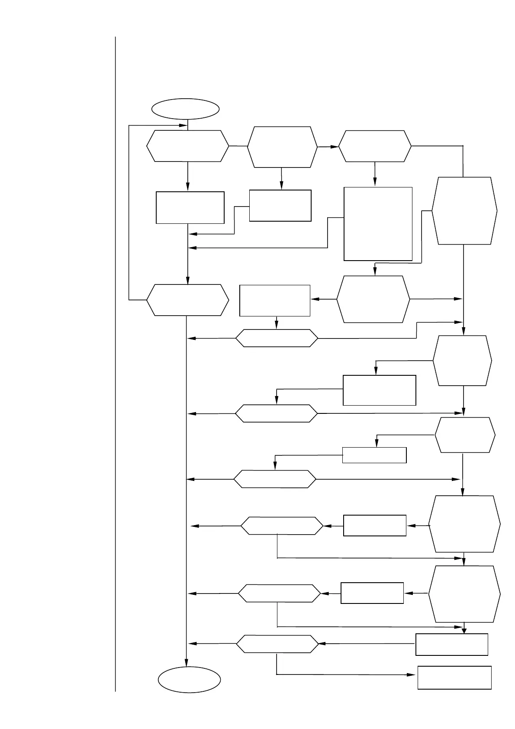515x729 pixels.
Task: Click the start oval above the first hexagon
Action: tap(185, 109)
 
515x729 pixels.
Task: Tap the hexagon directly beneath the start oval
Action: tap(187, 146)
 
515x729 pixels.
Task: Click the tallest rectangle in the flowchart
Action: tap(378, 224)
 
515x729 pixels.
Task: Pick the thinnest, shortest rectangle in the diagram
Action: tap(374, 455)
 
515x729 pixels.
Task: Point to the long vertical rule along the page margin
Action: tap(116, 364)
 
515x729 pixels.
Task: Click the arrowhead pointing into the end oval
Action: tap(187, 663)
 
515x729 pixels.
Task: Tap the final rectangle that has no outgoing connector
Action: tap(454, 677)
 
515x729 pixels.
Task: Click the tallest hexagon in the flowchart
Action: tap(464, 211)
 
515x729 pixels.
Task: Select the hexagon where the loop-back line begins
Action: tap(187, 300)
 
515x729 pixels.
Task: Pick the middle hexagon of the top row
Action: tap(282, 147)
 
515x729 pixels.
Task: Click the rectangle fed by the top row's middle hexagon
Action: tap(280, 206)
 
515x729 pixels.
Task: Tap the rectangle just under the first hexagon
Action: tap(190, 208)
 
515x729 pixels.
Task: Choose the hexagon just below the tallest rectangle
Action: tap(373, 299)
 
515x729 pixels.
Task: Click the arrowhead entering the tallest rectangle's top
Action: tap(375, 183)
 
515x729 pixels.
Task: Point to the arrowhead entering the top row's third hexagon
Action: tap(335, 147)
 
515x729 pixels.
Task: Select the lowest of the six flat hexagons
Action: tap(277, 644)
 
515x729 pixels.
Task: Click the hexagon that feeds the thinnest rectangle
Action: tap(465, 435)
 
